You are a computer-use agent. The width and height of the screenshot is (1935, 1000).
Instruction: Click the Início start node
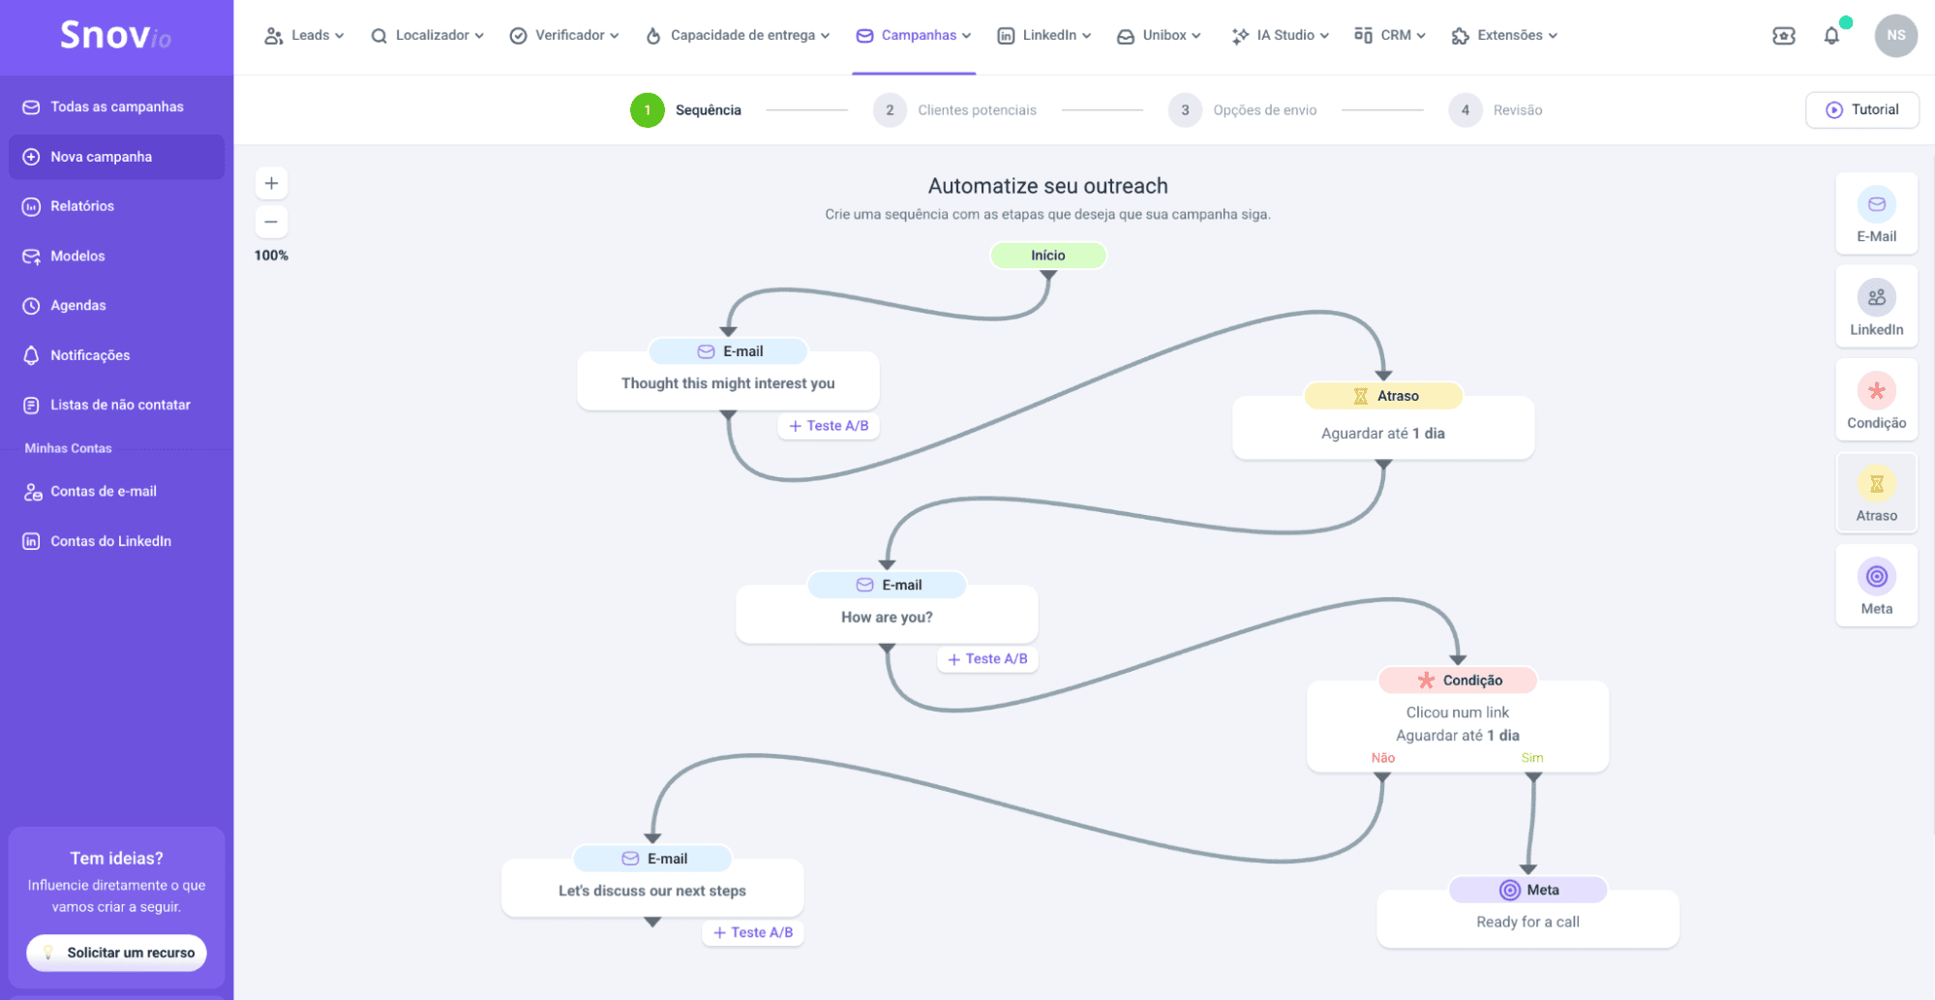coord(1047,256)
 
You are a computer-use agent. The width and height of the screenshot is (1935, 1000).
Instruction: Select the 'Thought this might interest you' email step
coord(728,382)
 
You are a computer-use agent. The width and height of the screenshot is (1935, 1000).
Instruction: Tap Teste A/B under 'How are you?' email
coord(987,659)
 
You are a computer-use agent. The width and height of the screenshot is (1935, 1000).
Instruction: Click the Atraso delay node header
coord(1383,396)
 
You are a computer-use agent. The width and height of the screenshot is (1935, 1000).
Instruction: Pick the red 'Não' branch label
coord(1383,758)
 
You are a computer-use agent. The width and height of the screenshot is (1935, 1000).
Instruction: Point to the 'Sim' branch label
coord(1532,758)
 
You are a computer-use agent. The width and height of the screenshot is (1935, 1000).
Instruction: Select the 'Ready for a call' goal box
coord(1527,920)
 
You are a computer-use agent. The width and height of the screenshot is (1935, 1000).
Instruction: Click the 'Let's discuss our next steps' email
coord(652,889)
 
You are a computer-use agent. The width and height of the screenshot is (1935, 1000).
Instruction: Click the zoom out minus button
coord(271,222)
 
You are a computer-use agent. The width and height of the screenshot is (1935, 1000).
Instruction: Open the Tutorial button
coord(1862,109)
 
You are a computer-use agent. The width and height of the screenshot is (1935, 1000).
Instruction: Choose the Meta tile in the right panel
coord(1876,586)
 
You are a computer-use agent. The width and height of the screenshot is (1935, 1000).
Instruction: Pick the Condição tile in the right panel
coord(1876,400)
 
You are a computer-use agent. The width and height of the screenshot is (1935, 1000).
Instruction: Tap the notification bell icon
coord(1831,36)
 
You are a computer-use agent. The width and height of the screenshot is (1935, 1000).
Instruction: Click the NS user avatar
coord(1895,36)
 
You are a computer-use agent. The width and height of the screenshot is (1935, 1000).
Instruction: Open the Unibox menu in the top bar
coord(1159,36)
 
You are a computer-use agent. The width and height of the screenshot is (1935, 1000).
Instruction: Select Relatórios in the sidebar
coord(82,206)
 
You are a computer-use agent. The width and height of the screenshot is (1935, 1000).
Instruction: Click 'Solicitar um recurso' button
coord(117,953)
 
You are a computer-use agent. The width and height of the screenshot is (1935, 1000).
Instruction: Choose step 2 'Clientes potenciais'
coord(954,110)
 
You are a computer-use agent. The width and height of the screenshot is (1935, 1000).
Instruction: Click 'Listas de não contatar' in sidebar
coord(120,405)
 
